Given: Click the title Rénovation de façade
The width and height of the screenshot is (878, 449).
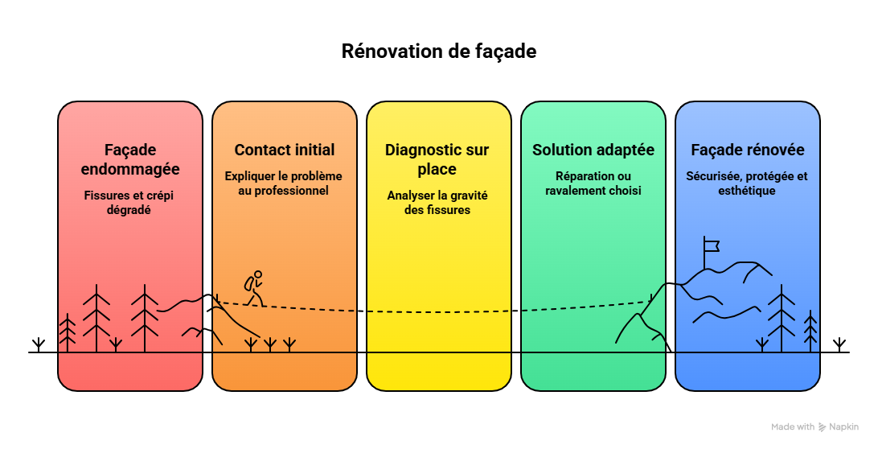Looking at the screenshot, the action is (439, 51).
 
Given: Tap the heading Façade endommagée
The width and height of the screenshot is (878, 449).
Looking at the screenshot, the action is (130, 159).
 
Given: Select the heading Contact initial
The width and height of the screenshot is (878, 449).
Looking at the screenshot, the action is (285, 150).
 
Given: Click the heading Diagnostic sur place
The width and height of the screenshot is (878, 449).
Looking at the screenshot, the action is (437, 159).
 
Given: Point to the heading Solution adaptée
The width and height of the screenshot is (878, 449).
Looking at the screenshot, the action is (593, 150).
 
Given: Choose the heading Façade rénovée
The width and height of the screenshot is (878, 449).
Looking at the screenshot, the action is (748, 150).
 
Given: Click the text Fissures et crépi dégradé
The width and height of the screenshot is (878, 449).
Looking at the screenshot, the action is (129, 202).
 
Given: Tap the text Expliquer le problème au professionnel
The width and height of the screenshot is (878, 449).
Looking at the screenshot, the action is (283, 183).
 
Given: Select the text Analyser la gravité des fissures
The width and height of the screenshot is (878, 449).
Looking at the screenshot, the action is (437, 202).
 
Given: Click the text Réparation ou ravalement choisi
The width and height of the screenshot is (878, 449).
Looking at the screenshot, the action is (593, 183).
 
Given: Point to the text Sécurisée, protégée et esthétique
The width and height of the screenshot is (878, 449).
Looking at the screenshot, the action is (747, 183).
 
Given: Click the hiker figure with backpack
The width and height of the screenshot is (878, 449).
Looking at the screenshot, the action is (253, 289).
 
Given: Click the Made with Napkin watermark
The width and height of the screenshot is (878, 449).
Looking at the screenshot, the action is (814, 426).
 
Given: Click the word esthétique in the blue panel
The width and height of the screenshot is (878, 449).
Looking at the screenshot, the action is (747, 191).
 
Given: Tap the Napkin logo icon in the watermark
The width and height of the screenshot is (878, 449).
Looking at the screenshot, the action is (822, 427).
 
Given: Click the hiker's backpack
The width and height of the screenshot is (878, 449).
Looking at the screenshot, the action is (249, 283).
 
